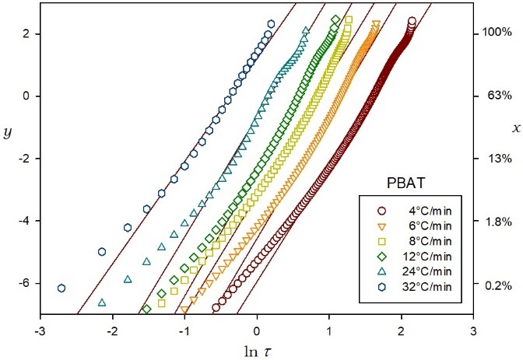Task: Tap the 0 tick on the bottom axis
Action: pyautogui.click(x=256, y=329)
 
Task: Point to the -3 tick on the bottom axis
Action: pyautogui.click(x=39, y=329)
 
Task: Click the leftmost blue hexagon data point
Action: pyautogui.click(x=61, y=288)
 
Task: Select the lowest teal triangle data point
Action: pyautogui.click(x=102, y=303)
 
